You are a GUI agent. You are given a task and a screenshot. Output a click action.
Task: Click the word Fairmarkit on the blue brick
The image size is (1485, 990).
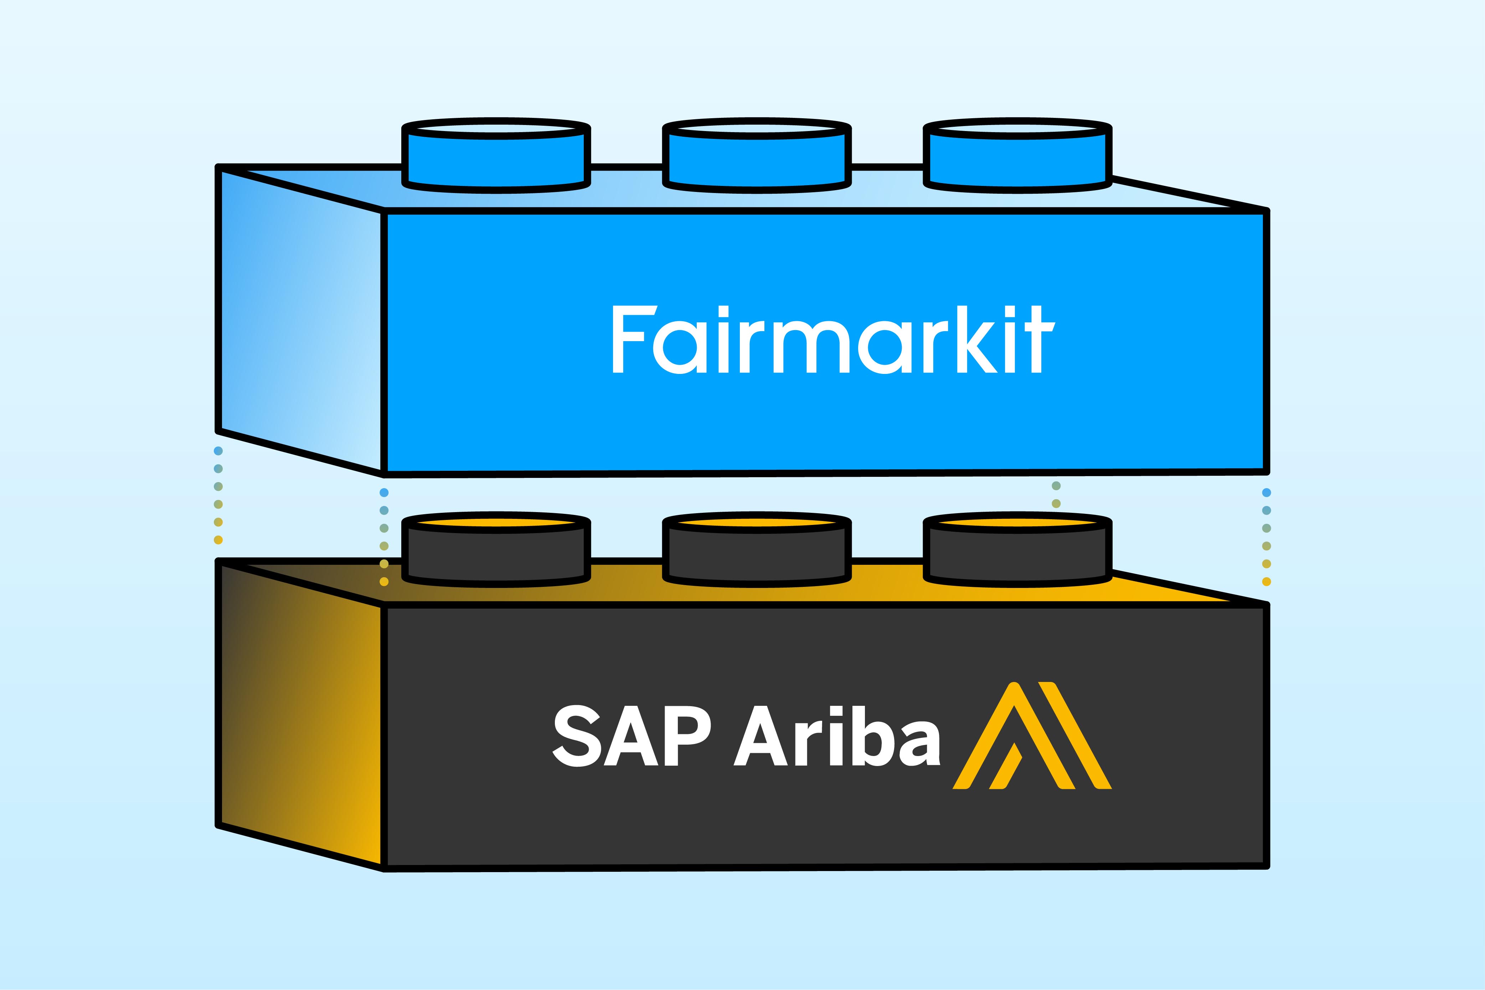832,340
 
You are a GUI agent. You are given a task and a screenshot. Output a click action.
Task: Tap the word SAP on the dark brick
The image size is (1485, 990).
631,735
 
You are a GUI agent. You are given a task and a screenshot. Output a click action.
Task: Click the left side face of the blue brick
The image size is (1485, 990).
300,319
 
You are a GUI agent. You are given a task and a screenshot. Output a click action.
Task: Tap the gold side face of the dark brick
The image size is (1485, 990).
300,713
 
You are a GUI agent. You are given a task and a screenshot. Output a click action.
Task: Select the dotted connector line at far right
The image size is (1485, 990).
1266,537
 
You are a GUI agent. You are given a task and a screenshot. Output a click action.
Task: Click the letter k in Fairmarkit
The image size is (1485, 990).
976,340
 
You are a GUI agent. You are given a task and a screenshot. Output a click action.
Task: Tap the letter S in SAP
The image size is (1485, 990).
576,735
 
